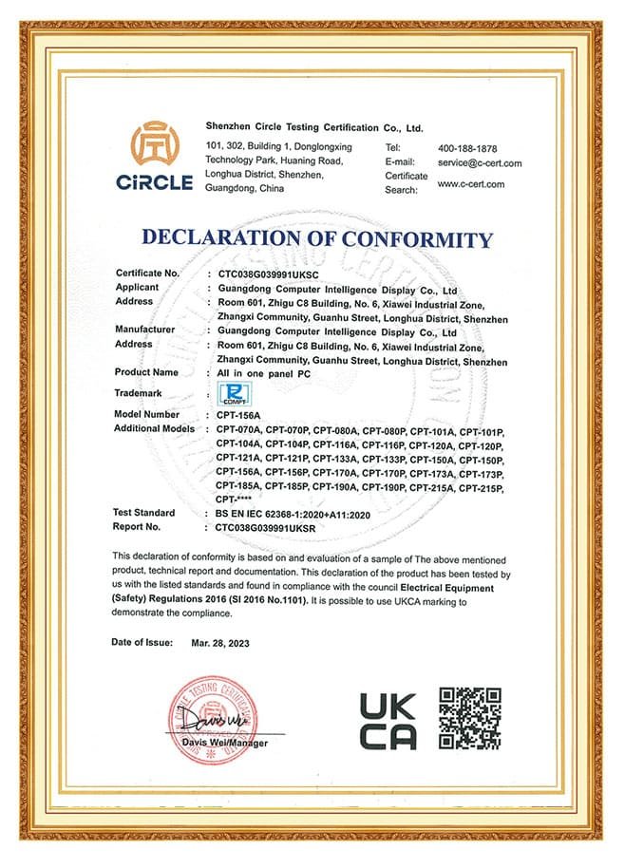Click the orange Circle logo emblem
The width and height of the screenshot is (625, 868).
point(152,144)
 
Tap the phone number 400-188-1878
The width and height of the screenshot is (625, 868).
point(467,149)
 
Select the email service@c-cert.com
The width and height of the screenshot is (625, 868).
point(480,163)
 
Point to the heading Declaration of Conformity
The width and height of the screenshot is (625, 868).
point(317,238)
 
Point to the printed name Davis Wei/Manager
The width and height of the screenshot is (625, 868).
point(225,743)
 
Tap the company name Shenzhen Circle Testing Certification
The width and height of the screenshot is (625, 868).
point(314,126)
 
